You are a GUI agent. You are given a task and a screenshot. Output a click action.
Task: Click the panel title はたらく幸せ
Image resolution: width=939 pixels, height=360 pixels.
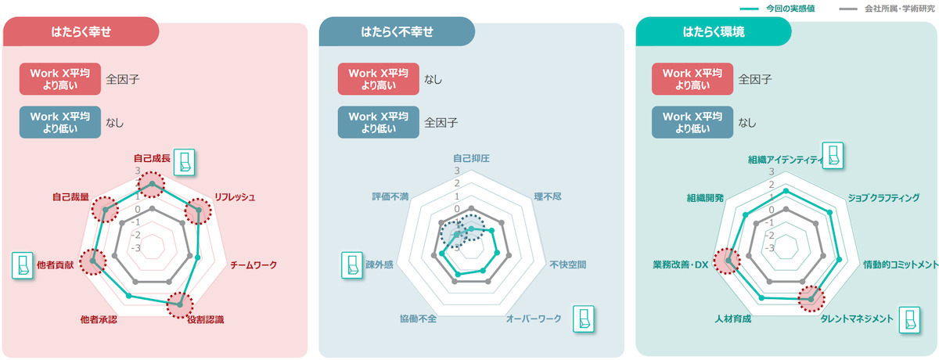click(x=81, y=32)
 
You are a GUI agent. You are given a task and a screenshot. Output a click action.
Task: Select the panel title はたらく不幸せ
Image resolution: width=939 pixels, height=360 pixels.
click(x=397, y=32)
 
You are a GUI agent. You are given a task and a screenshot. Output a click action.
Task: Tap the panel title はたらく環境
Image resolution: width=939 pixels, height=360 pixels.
click(x=714, y=32)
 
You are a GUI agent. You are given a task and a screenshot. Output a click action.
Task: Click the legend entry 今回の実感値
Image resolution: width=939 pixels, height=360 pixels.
click(x=790, y=9)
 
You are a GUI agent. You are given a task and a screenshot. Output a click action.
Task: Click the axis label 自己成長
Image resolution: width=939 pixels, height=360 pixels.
click(x=152, y=158)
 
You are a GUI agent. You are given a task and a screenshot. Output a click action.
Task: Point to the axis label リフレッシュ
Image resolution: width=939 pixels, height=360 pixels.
click(x=234, y=197)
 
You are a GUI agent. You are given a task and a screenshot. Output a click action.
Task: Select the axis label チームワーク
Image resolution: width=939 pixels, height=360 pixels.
click(x=254, y=265)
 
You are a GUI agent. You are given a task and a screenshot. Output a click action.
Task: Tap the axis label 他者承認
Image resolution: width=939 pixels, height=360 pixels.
click(x=99, y=319)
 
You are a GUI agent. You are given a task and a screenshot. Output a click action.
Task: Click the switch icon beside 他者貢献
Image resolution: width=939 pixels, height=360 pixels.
click(x=22, y=266)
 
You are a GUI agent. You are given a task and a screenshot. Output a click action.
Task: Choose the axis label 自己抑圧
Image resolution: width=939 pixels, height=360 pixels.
click(x=471, y=158)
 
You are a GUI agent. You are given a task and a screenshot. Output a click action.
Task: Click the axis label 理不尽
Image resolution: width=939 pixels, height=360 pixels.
click(x=548, y=196)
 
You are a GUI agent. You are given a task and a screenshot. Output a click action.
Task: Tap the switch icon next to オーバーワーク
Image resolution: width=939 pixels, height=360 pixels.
click(x=584, y=319)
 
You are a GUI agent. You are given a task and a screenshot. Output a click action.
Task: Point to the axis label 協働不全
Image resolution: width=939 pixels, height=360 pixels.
click(x=418, y=319)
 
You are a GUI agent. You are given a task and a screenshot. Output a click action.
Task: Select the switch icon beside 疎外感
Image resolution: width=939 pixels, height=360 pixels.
click(x=351, y=265)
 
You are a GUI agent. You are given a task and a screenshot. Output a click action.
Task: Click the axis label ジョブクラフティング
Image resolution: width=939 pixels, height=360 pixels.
click(x=883, y=198)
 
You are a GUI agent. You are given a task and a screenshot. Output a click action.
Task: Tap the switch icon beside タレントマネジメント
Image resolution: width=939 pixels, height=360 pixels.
click(x=909, y=321)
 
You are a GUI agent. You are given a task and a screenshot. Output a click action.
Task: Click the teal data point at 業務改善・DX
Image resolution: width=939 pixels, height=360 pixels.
click(x=729, y=261)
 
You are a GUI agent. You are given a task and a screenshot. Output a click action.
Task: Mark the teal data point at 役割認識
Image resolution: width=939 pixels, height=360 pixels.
click(x=179, y=304)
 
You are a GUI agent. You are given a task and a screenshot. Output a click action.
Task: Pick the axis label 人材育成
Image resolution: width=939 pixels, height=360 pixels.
click(x=732, y=319)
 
